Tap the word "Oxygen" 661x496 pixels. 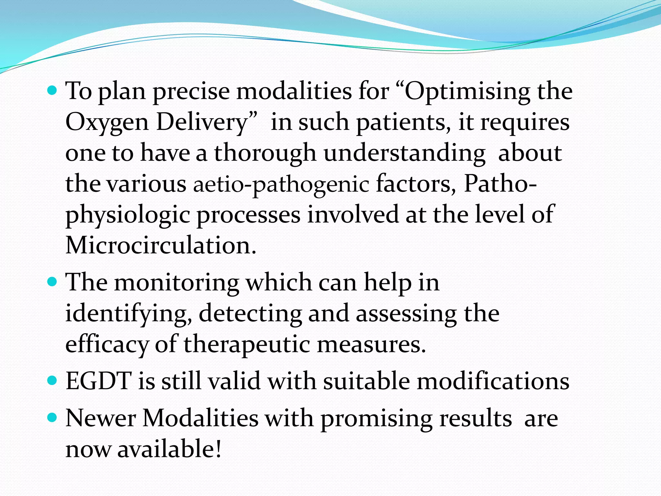point(107,123)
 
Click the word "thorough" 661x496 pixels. point(265,153)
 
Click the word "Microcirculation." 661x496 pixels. point(161,245)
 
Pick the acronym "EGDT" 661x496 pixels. point(98,381)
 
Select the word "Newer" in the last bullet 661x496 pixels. point(100,418)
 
